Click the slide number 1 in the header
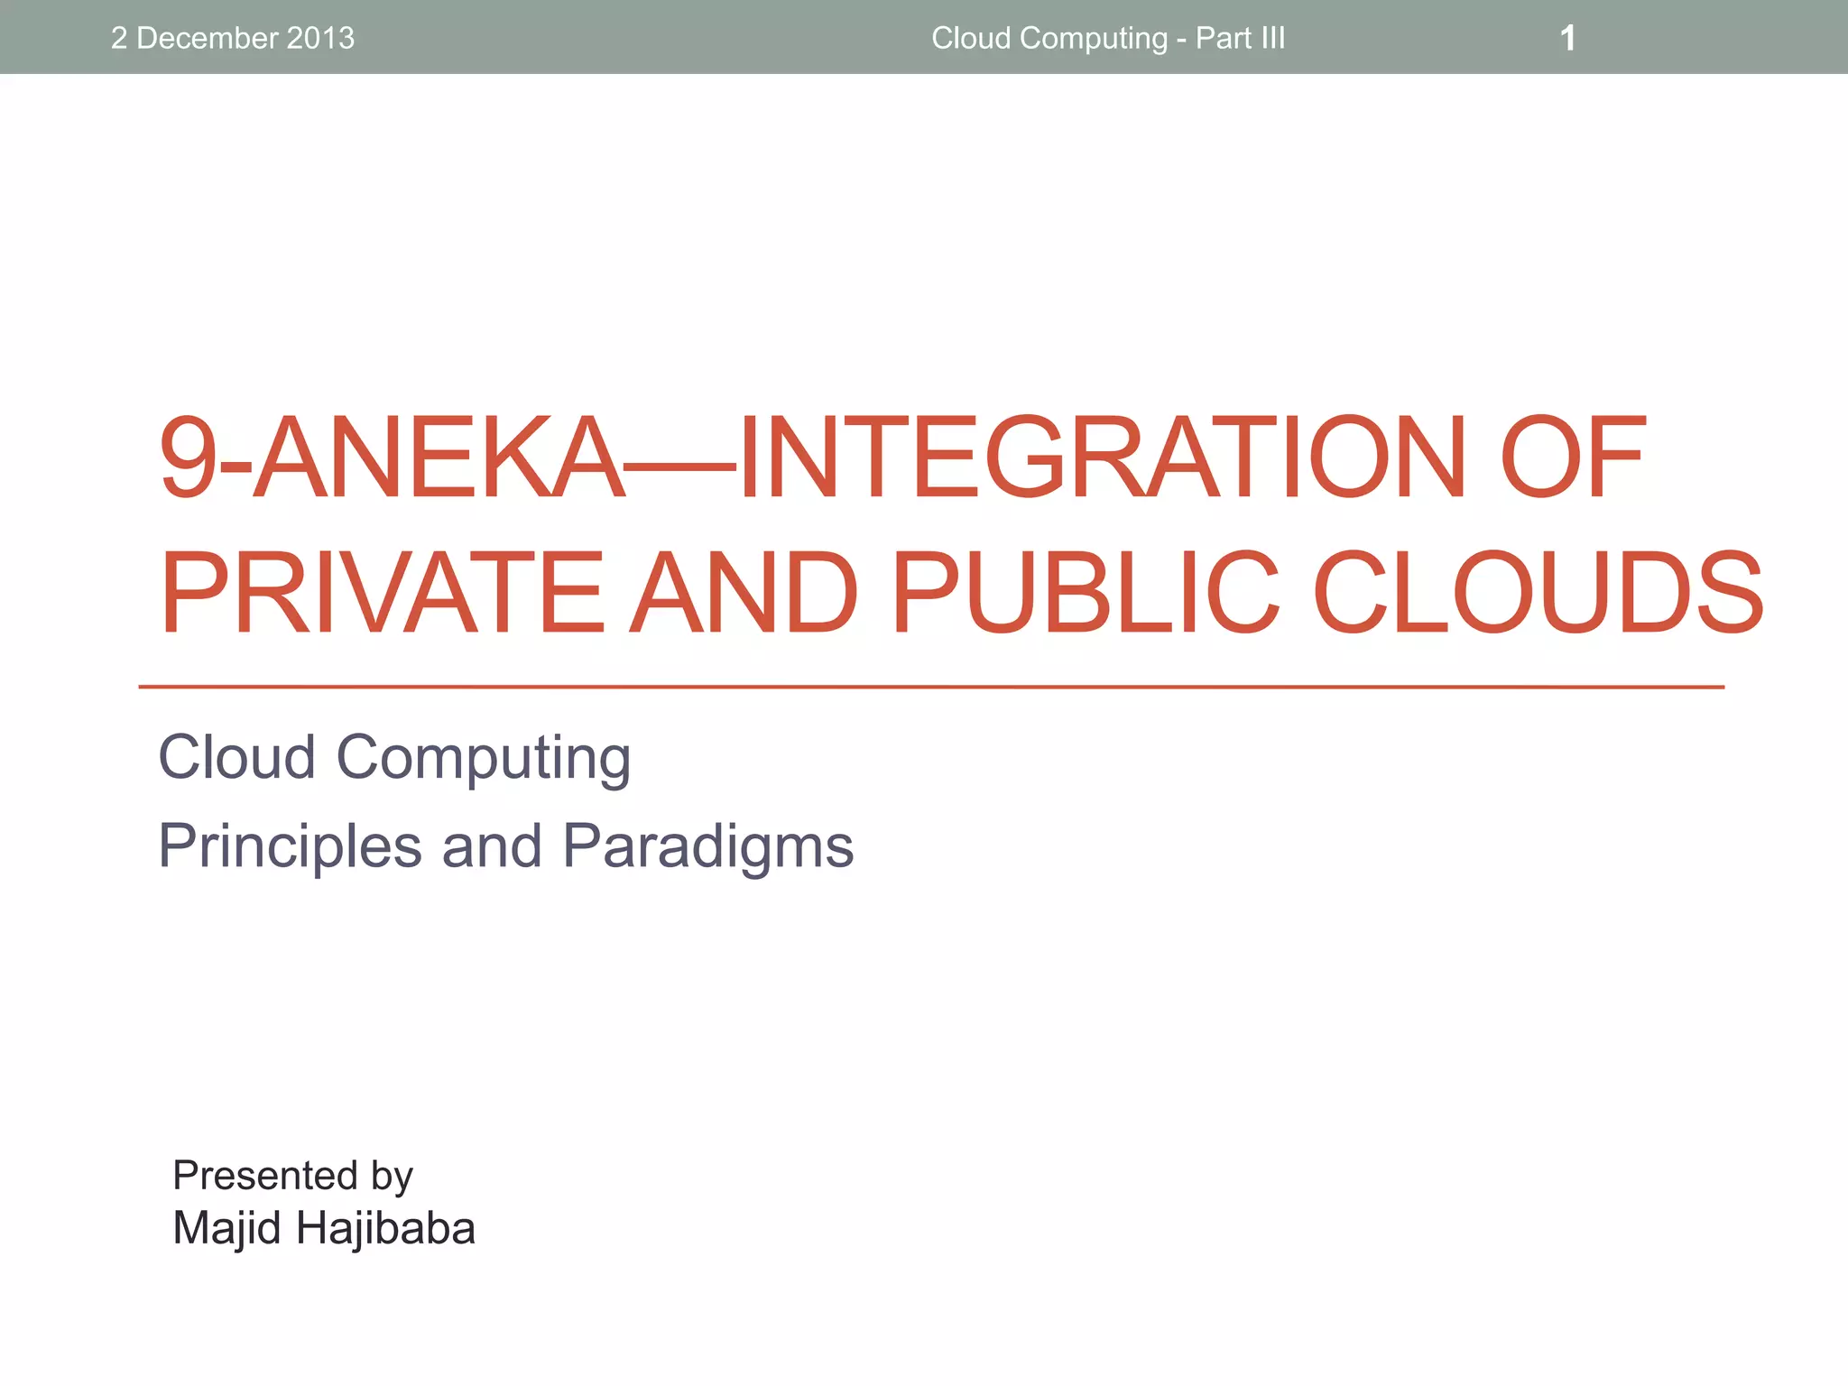point(1567,39)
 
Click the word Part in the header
point(1223,39)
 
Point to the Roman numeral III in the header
point(1272,39)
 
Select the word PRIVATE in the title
point(381,592)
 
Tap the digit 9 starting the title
point(188,457)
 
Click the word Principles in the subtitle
point(290,847)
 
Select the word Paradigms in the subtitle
point(707,847)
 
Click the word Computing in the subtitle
point(483,758)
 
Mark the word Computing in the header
point(1094,39)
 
